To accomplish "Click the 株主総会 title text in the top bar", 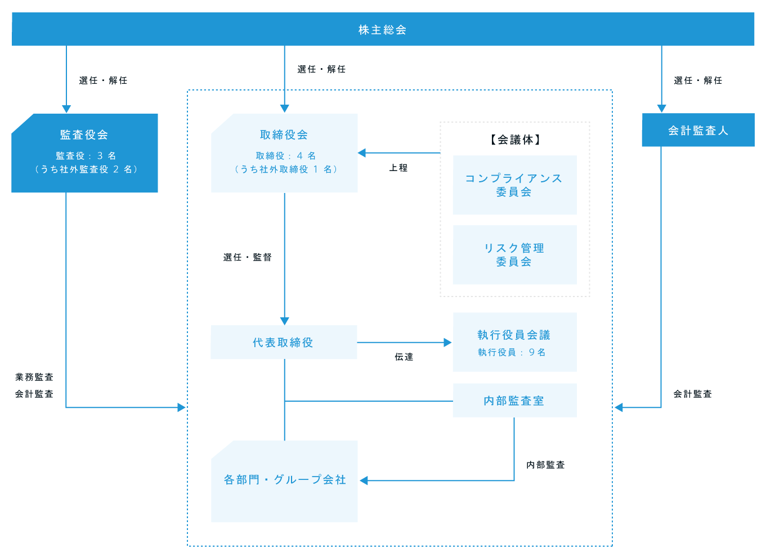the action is (383, 30).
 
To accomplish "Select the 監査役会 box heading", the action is (84, 134).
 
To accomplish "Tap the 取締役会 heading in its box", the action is (284, 134).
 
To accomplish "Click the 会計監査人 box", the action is (698, 130).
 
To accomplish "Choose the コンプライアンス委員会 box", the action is (514, 185).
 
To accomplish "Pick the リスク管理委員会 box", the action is (514, 255).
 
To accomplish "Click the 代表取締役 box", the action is (284, 342).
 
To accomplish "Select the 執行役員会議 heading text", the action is (514, 335).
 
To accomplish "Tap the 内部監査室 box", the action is (514, 401).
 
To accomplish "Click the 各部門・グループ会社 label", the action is (285, 480).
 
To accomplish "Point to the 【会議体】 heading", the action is (515, 140).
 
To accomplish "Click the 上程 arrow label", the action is (398, 168).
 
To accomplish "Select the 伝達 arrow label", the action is (404, 357).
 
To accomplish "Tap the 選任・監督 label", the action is (247, 257).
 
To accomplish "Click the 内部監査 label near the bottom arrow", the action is (545, 465).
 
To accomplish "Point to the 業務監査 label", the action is (34, 377).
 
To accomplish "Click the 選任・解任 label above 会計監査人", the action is (698, 80).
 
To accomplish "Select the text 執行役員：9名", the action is (512, 352).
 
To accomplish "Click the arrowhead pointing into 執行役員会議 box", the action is (447, 342).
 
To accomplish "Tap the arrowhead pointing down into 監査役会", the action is (66, 109).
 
